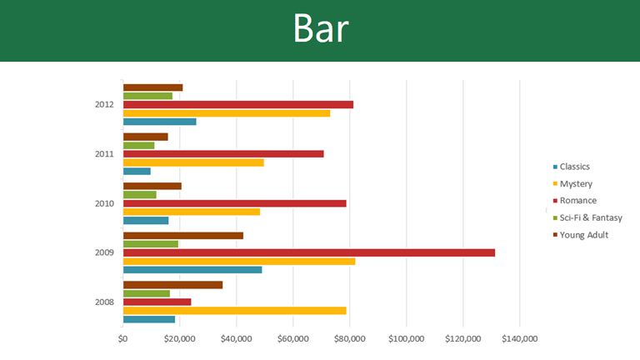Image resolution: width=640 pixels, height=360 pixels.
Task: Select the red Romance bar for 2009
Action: [308, 252]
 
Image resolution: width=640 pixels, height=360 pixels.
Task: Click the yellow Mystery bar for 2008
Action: [234, 311]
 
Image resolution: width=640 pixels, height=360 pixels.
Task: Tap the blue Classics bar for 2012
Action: [159, 122]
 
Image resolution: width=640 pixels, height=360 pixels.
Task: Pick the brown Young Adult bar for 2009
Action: [182, 236]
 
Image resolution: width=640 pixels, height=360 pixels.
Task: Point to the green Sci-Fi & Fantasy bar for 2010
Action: [139, 195]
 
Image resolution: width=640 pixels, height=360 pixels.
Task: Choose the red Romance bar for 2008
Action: [157, 302]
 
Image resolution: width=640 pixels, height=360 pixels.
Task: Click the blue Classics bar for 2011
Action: [137, 172]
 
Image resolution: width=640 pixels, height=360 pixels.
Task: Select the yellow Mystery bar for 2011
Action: [193, 162]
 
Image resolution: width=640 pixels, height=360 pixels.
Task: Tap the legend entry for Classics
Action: [574, 167]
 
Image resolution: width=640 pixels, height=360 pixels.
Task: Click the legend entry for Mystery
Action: [575, 183]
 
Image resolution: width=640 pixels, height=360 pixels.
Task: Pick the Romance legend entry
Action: [577, 201]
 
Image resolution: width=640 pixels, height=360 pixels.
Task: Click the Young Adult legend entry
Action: [582, 235]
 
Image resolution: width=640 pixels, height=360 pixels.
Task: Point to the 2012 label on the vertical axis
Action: [104, 104]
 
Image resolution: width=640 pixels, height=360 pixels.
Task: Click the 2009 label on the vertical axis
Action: [104, 252]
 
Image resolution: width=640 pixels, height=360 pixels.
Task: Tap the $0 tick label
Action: [123, 338]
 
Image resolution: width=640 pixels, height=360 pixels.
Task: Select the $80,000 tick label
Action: [349, 338]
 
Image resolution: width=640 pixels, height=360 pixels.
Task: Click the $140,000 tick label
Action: [519, 338]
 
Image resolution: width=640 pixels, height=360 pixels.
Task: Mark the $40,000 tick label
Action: [236, 338]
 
